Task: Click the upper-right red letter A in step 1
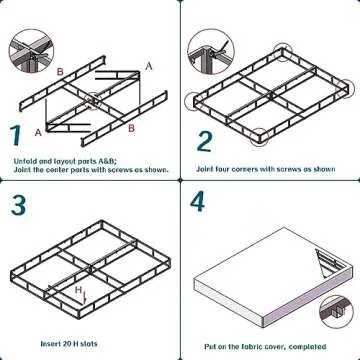click(149, 65)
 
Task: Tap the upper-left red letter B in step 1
click(60, 72)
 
